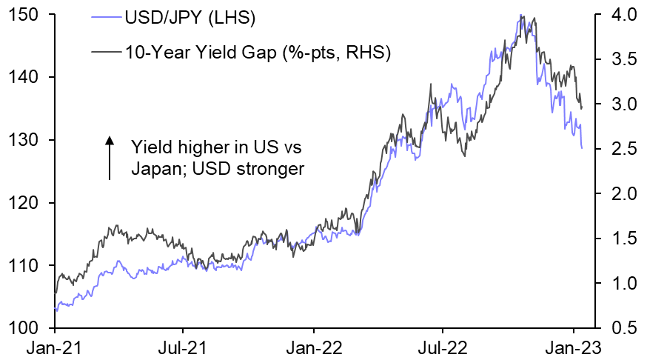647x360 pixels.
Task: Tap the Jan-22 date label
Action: click(x=314, y=347)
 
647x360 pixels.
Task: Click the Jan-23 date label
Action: click(x=574, y=347)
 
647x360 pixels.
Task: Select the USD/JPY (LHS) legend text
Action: click(x=183, y=16)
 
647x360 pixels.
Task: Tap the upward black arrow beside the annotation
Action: click(x=110, y=157)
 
